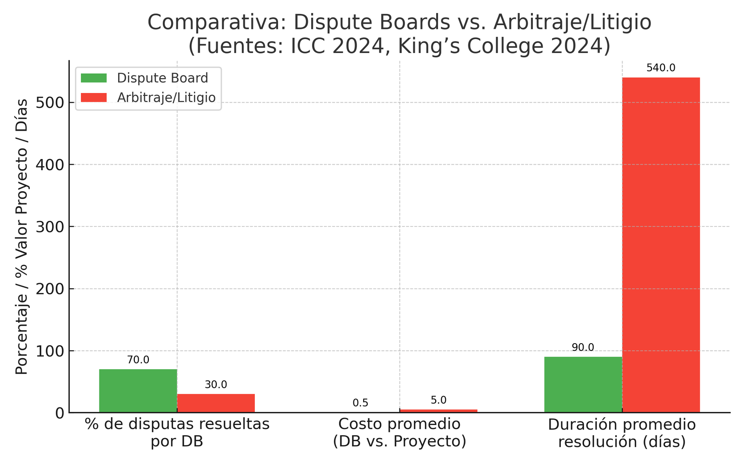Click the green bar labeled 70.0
(138, 391)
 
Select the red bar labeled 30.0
(216, 403)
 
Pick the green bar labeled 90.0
(583, 385)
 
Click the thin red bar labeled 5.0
(438, 411)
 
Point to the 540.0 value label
(661, 68)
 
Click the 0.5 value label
(360, 403)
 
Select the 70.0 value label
(138, 360)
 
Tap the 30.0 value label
(216, 385)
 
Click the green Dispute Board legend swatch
(93, 78)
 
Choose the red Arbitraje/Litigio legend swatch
(93, 98)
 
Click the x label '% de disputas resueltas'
(177, 425)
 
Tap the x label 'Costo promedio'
(399, 425)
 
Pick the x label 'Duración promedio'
(622, 425)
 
